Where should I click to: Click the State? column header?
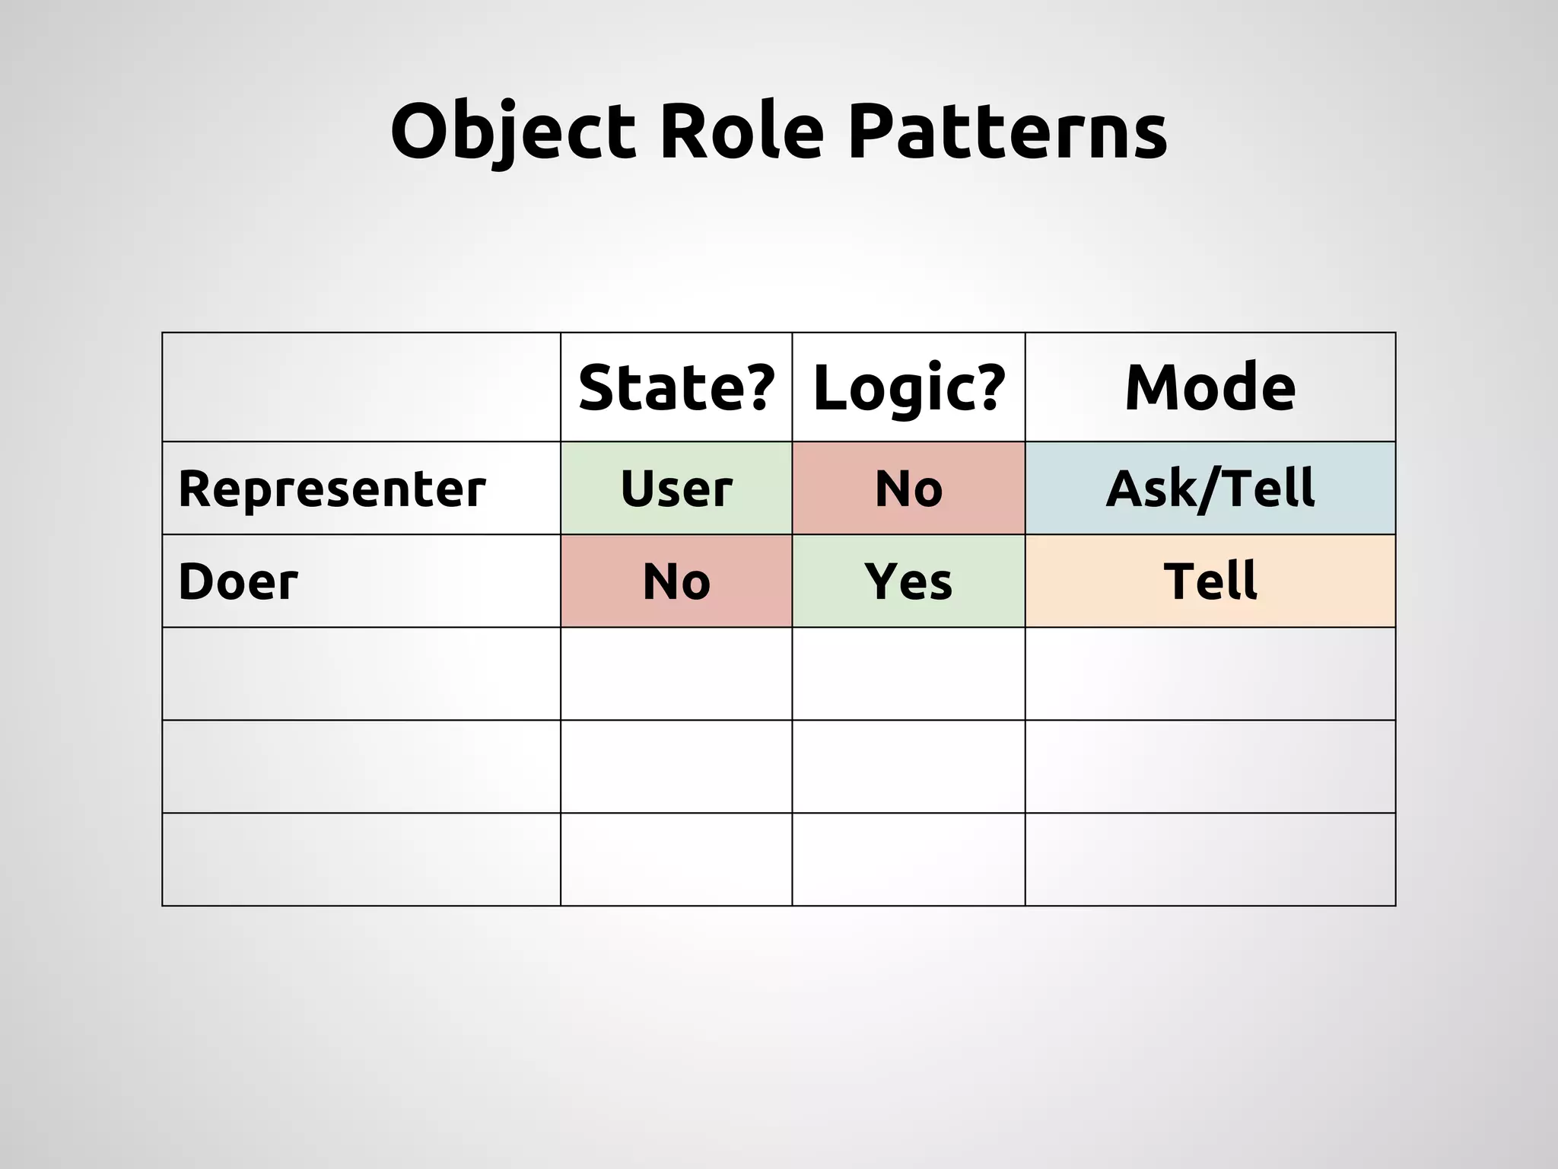coord(676,387)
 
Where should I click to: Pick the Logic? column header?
coord(909,387)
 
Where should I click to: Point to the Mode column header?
coord(1210,387)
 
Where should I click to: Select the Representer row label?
coord(332,489)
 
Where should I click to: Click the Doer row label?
coord(238,581)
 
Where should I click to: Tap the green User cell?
coord(676,489)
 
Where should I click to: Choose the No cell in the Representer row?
coord(909,489)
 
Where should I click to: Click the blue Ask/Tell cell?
coord(1210,489)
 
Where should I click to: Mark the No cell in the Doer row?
coord(676,581)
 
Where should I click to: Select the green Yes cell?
coord(909,581)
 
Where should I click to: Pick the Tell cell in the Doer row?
coord(1210,581)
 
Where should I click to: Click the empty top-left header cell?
coord(361,387)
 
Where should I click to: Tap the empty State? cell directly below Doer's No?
coord(676,674)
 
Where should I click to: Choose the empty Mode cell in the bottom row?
coord(1210,859)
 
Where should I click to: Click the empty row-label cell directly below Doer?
coord(361,674)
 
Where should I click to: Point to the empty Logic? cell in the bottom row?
coord(909,859)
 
